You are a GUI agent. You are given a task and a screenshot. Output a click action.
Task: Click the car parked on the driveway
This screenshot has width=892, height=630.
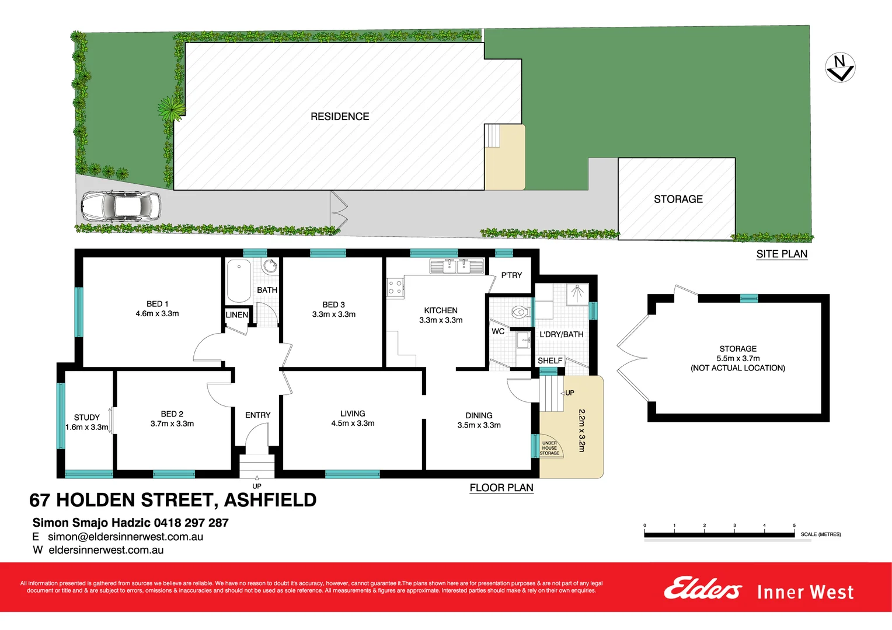click(x=120, y=206)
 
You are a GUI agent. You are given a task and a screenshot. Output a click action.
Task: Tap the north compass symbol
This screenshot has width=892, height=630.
click(x=840, y=67)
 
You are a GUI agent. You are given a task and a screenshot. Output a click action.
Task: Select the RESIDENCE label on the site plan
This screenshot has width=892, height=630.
click(x=340, y=117)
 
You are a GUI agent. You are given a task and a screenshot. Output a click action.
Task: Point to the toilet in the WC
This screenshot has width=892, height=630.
click(x=518, y=312)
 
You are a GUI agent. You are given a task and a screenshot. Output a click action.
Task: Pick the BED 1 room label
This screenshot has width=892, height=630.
click(x=157, y=304)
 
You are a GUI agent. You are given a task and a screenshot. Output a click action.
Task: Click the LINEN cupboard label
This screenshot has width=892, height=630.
click(x=237, y=315)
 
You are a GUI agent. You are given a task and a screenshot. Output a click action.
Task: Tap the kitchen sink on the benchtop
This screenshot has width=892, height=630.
click(x=457, y=267)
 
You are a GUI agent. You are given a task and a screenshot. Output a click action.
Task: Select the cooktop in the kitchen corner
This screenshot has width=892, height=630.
click(x=395, y=287)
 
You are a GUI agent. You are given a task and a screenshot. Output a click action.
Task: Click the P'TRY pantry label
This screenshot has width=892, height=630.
click(x=511, y=275)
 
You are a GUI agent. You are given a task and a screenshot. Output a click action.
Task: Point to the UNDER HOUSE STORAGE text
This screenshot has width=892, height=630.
click(x=549, y=448)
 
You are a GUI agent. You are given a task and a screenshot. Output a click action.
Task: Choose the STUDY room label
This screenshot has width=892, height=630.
click(x=87, y=417)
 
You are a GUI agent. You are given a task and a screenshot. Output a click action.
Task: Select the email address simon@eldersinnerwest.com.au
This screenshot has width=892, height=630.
click(x=126, y=537)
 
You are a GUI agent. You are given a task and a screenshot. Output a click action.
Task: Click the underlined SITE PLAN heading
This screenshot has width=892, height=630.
click(x=782, y=254)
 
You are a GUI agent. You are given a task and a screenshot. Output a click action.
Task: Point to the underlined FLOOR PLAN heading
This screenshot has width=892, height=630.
click(x=501, y=488)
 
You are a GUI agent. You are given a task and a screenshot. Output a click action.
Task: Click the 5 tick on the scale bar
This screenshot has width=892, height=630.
click(x=794, y=526)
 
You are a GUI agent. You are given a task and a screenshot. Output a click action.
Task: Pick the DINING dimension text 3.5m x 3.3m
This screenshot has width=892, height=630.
click(x=479, y=425)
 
